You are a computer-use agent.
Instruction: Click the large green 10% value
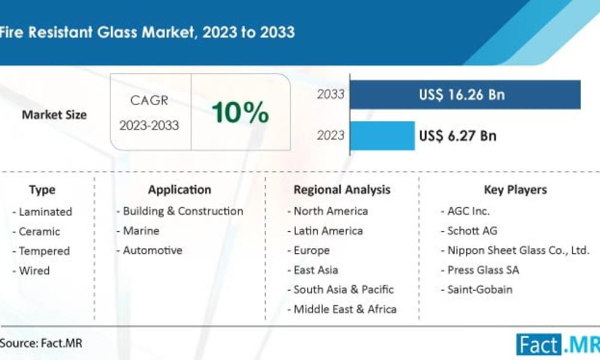click(240, 112)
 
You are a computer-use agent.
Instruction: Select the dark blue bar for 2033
click(465, 94)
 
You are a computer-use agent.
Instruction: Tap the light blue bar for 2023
click(382, 136)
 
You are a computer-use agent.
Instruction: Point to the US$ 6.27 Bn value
click(458, 136)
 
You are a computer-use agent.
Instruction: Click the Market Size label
click(54, 115)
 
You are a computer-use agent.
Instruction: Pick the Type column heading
click(42, 190)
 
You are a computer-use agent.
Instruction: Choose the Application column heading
click(179, 190)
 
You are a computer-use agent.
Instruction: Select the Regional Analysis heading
click(341, 190)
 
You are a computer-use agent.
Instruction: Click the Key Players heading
click(515, 190)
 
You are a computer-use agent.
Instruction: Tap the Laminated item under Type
click(44, 212)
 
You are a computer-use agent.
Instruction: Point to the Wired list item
click(34, 271)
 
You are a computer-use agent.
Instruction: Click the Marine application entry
click(140, 231)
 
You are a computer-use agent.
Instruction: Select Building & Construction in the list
click(182, 211)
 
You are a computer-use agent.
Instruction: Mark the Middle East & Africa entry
click(344, 310)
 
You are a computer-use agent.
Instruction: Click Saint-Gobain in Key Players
click(479, 290)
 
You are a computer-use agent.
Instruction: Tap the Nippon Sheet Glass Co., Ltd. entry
click(518, 251)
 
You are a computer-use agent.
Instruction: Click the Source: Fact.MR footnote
click(41, 344)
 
